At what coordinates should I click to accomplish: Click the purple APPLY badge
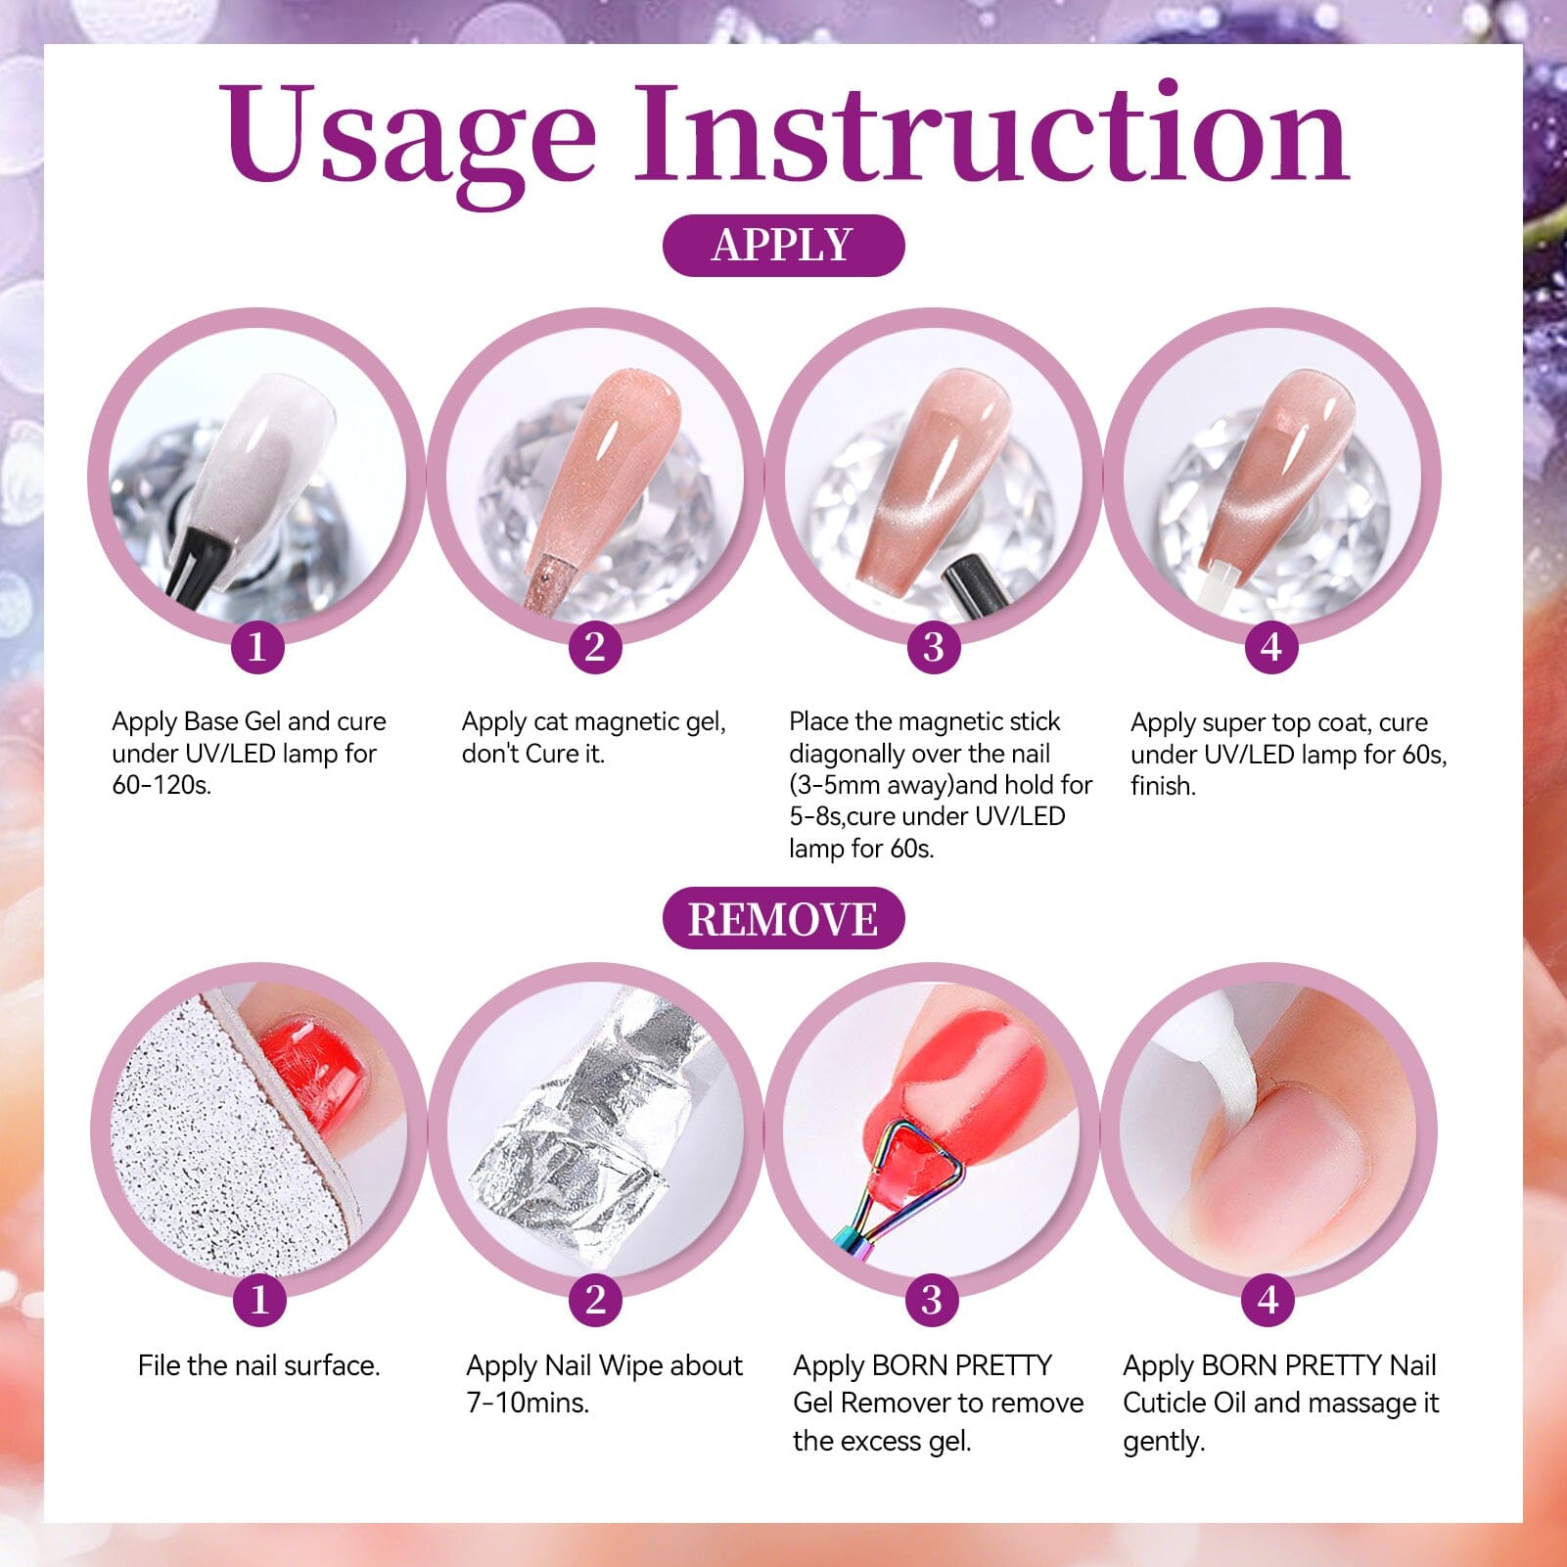783,245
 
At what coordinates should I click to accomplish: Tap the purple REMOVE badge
783,919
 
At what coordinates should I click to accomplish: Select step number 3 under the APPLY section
933,646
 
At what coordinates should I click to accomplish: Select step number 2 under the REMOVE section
595,1299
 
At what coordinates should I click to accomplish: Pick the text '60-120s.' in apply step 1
161,785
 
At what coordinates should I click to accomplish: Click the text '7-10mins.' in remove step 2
528,1403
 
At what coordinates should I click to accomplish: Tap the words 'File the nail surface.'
258,1365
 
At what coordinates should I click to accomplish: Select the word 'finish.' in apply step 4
1163,786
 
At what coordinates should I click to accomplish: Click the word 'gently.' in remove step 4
1164,1441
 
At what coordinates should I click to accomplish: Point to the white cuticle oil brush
1219,1057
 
